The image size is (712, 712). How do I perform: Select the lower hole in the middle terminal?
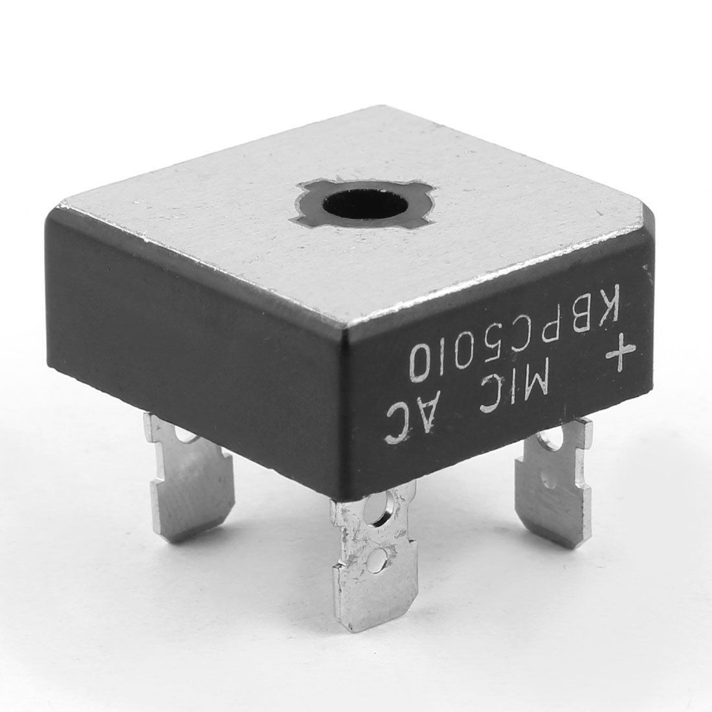click(376, 559)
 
